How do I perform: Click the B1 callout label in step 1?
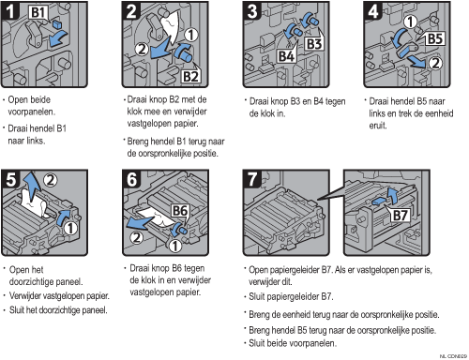[38, 13]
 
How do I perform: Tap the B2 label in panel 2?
[190, 76]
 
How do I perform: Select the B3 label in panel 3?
[313, 44]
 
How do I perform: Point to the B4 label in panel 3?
[286, 56]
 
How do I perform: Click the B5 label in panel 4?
[435, 39]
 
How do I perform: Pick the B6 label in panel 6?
[180, 211]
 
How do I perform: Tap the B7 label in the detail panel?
[400, 216]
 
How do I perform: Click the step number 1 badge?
[10, 11]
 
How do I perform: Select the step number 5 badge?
[10, 179]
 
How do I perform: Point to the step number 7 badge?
[252, 179]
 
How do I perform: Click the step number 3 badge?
[252, 11]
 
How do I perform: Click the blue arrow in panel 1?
[58, 38]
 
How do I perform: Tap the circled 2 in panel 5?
[51, 180]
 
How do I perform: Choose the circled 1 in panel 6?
[175, 246]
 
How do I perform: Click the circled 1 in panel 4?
[411, 22]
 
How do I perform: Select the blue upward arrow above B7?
[392, 196]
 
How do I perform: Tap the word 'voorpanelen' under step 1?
[32, 112]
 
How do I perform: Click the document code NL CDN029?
[453, 356]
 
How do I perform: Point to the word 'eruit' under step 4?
[378, 126]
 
